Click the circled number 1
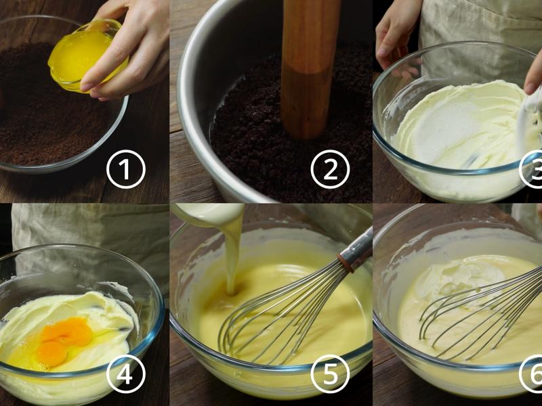pos(126,169)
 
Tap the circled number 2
pos(330,169)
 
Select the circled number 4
pos(126,374)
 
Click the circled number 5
pos(330,374)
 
